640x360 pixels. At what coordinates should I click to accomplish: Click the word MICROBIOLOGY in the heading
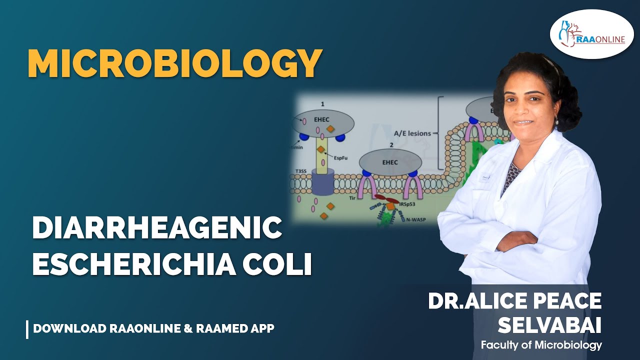pos(174,63)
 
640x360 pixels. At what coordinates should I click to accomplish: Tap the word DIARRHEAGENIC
pos(157,228)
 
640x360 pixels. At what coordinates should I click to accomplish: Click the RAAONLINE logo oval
pos(591,35)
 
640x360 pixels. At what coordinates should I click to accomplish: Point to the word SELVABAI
pos(549,326)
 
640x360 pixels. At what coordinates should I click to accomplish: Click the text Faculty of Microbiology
pos(541,345)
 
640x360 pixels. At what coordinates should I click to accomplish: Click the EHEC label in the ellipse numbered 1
pos(321,119)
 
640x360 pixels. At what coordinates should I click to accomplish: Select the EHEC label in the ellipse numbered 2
pos(390,161)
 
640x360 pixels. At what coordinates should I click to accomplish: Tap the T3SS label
pos(300,170)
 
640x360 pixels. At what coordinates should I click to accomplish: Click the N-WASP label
pos(418,219)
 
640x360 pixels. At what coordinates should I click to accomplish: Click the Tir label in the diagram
pos(351,198)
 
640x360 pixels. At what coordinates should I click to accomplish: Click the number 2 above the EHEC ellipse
pos(391,144)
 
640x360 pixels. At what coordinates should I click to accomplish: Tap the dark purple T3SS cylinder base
pos(322,182)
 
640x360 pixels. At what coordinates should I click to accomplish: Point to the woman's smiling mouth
pos(523,121)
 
